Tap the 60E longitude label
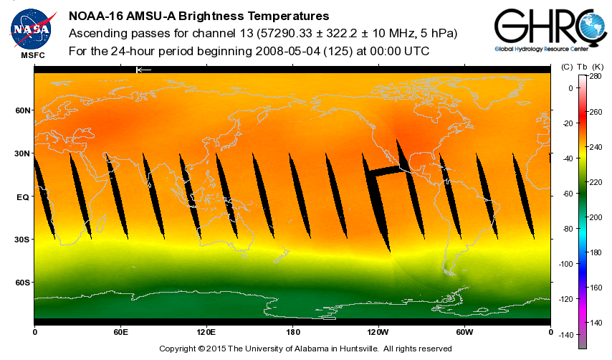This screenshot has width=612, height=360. (120, 332)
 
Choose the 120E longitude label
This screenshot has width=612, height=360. (206, 332)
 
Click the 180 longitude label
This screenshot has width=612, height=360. (292, 332)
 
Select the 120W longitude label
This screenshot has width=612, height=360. (378, 332)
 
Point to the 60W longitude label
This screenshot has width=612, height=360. (464, 332)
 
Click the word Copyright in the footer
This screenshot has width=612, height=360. (177, 349)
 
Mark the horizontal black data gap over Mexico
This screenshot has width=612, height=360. (383, 171)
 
